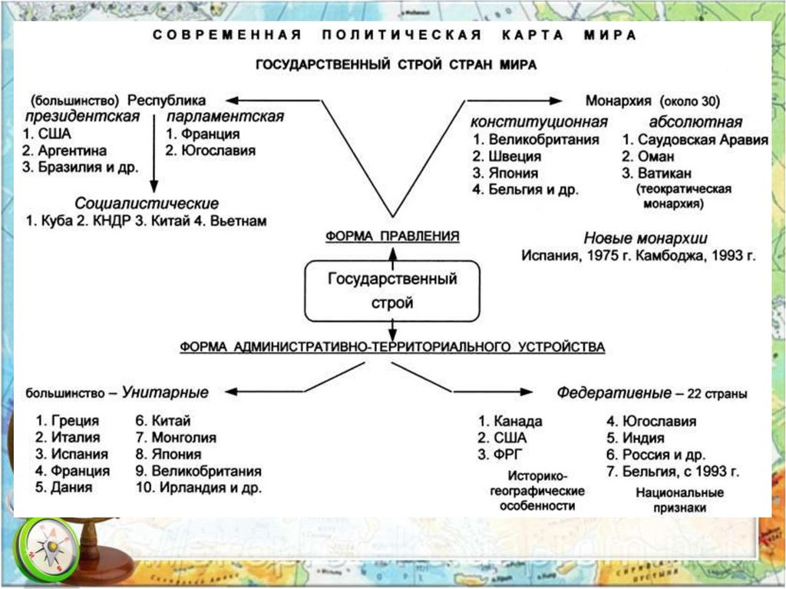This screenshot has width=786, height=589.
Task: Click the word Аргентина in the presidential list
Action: pos(72,151)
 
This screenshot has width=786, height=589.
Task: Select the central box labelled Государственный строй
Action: pos(392,290)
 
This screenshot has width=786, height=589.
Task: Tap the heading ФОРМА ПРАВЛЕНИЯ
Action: pos(392,237)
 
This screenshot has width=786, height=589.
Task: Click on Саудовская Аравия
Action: pos(702,140)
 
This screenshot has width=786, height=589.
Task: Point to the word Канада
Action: pos(518,421)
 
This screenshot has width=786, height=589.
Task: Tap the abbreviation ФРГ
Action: pos(508,454)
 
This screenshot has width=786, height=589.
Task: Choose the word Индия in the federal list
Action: pos(643,438)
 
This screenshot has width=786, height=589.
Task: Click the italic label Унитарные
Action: pos(165,392)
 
